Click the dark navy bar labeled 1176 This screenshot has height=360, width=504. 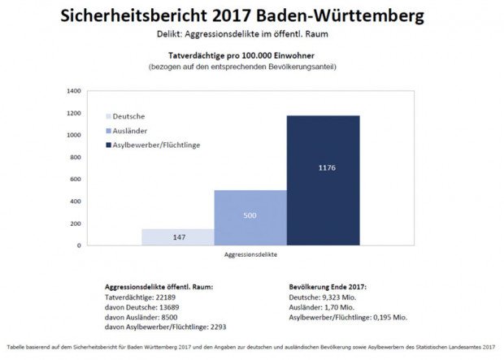pos(323,179)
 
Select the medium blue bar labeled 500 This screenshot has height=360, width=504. pos(250,217)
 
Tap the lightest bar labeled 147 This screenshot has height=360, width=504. pos(178,236)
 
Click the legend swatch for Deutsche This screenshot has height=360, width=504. pos(108,117)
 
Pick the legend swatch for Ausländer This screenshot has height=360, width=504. pos(108,130)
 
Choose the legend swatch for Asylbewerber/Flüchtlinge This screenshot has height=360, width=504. pos(108,144)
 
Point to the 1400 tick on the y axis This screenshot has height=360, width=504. pos(74,91)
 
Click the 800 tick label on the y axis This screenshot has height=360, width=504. pos(76,157)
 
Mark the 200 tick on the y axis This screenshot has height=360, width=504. pos(76,223)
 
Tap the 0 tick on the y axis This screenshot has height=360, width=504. pos(79,245)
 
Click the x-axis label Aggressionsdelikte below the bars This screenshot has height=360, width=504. pos(250,255)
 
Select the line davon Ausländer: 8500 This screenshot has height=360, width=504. pos(139,318)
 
